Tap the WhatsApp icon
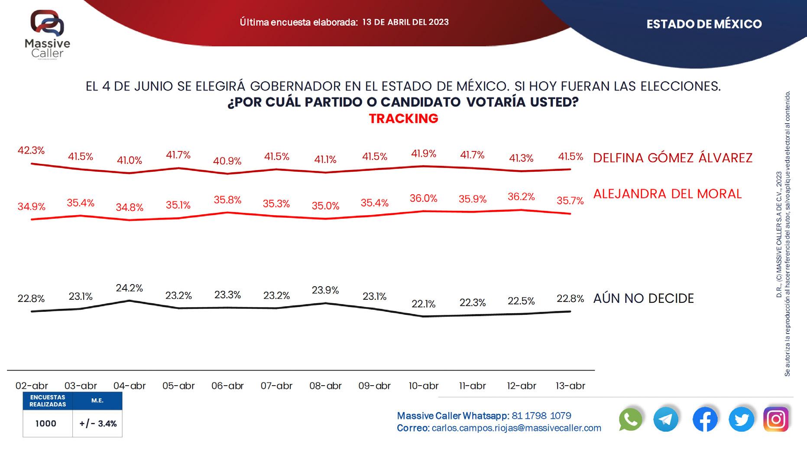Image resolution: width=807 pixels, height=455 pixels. coord(630,419)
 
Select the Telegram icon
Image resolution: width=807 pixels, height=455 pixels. coord(666,419)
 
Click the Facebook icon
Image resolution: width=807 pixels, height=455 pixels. coord(705,420)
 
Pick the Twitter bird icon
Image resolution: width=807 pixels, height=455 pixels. coord(741,419)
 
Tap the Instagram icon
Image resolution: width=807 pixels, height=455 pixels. coord(776,419)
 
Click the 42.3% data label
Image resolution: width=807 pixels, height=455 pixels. coord(31,151)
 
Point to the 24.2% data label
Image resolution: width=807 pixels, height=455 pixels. coord(129,288)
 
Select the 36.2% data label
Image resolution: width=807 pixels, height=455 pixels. coord(521,197)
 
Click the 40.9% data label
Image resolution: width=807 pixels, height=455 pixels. coord(227,161)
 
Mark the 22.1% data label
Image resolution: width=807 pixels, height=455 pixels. coord(423,304)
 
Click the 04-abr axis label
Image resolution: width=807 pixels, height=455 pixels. coord(130,386)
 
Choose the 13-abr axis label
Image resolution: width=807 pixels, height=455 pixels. coord(570,386)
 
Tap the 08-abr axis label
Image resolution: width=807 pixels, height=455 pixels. coord(325,386)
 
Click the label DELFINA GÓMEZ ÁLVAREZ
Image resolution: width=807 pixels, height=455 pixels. coord(672,158)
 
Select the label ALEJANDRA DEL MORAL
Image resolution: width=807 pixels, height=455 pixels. coord(667,194)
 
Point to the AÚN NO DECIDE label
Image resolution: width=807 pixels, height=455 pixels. coord(643,298)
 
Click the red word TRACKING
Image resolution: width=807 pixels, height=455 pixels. coord(403,118)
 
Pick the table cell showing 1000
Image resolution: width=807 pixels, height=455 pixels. coord(46,423)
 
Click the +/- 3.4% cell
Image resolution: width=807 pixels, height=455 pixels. coord(98,423)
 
